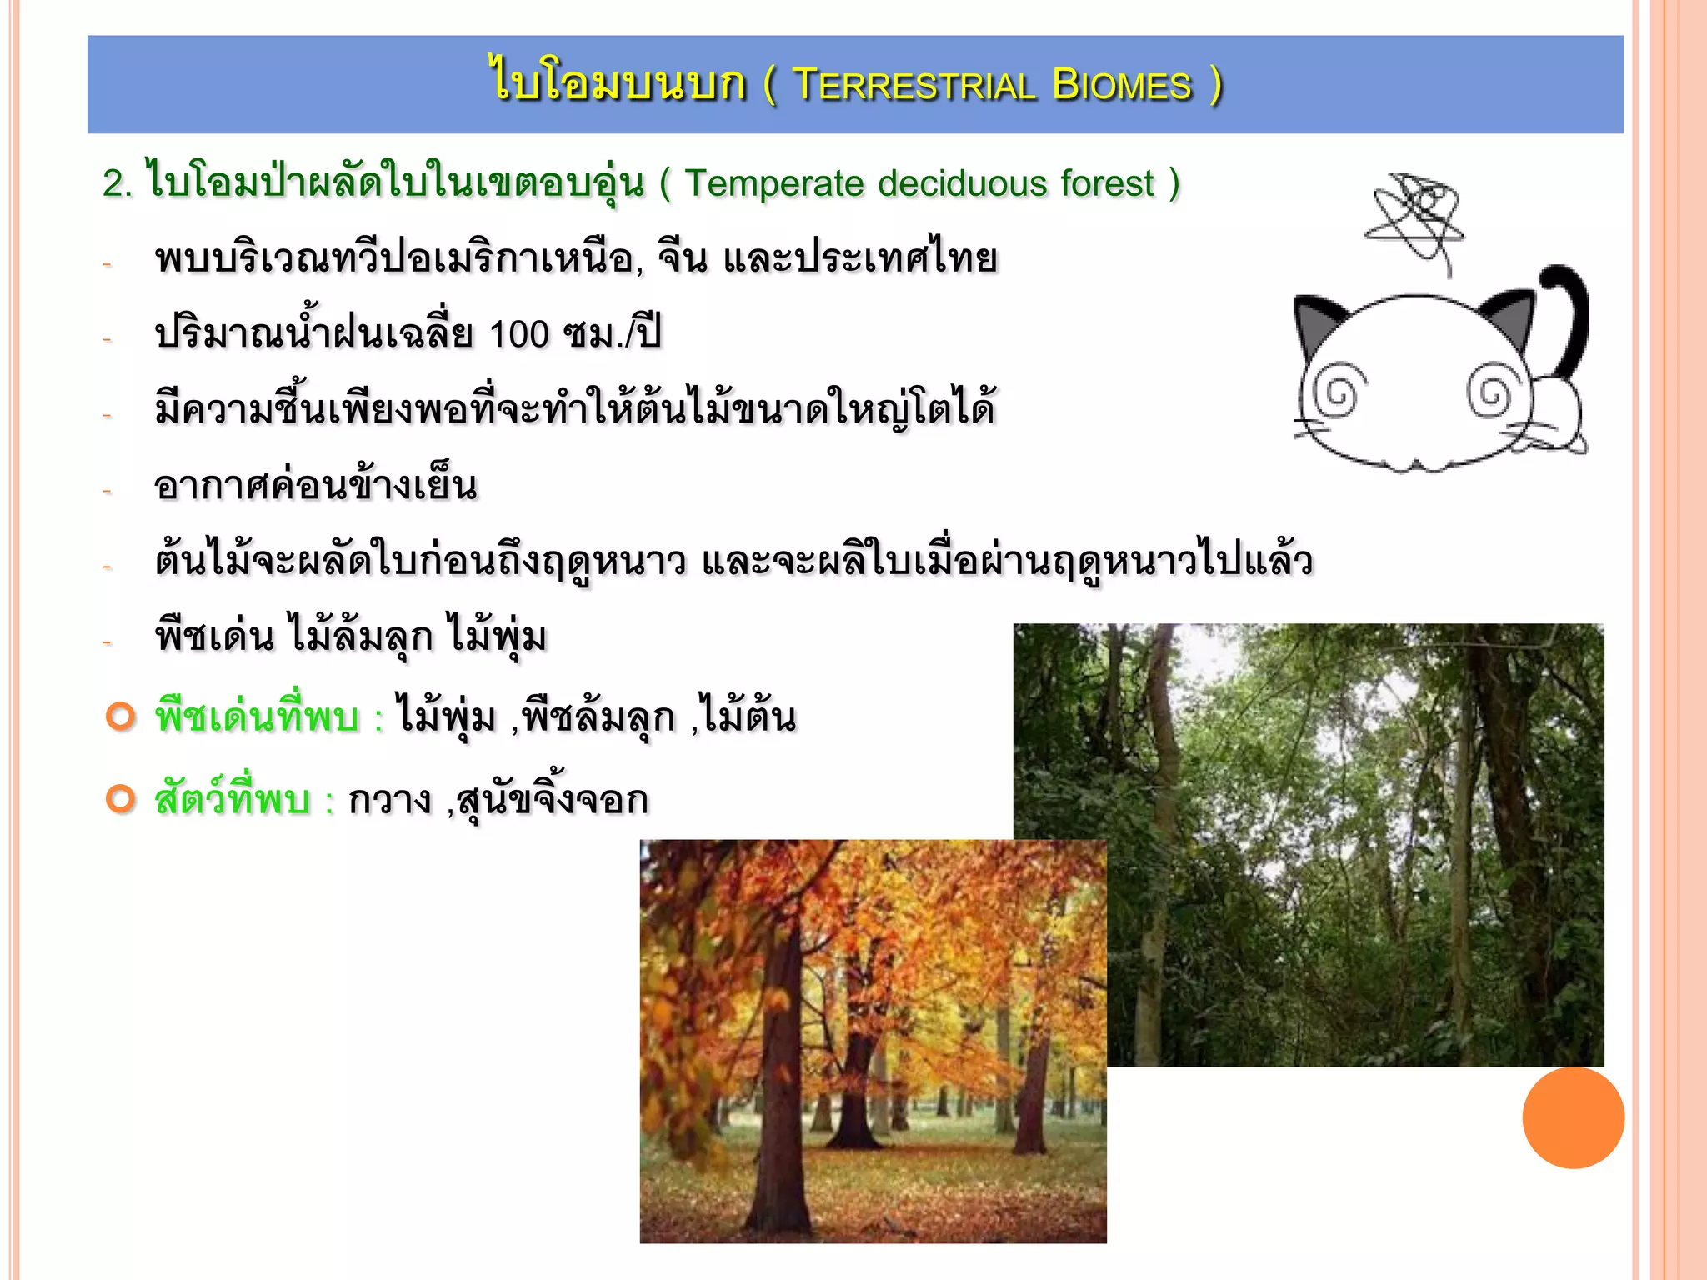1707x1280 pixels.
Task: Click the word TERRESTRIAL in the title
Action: point(914,85)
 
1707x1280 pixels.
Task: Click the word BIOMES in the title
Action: point(1122,85)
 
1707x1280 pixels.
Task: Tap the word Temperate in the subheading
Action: point(774,183)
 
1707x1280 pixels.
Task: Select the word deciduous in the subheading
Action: point(962,183)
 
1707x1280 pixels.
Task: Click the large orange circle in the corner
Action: point(1573,1117)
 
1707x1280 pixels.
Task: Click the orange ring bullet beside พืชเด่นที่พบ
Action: point(121,717)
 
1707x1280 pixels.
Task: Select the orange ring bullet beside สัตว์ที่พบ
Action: point(121,799)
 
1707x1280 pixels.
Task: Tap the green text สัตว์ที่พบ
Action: point(233,800)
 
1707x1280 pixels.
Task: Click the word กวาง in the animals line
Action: point(389,800)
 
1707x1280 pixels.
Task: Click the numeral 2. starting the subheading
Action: point(118,184)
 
